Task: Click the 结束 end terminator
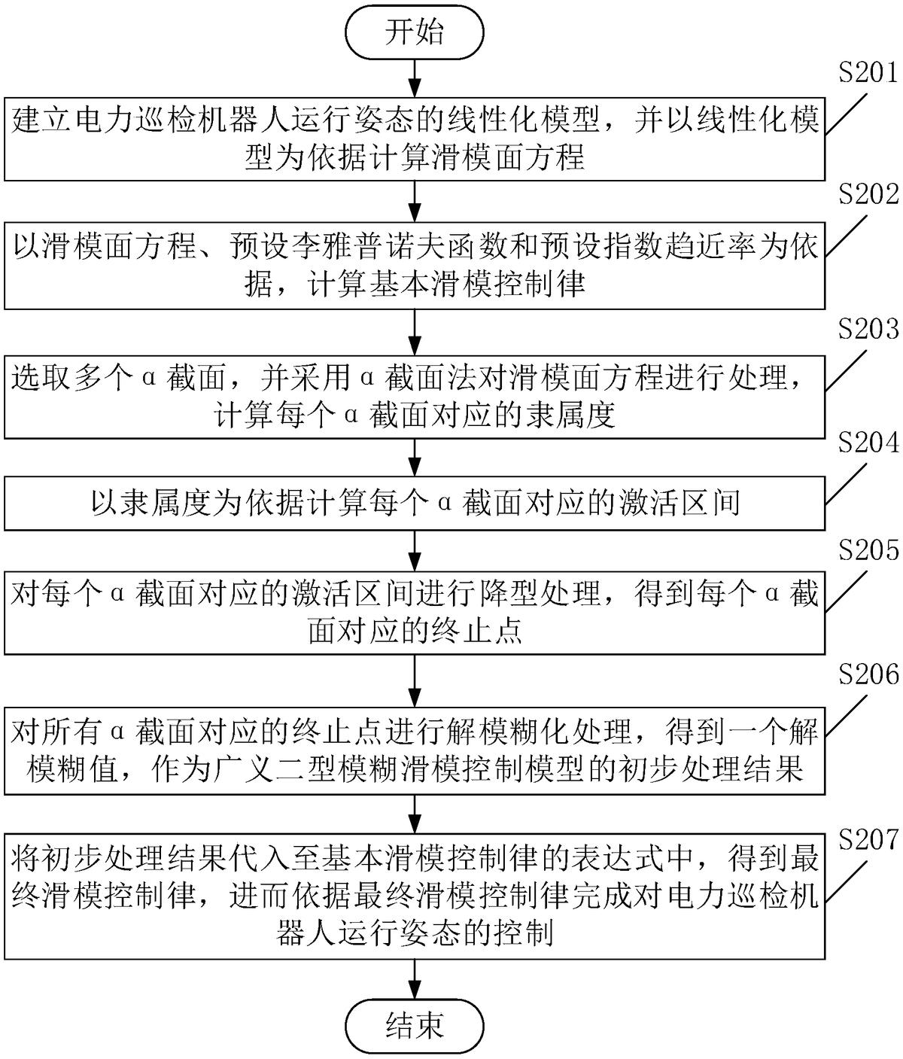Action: point(414,1026)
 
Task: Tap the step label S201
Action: point(868,73)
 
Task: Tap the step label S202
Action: point(868,195)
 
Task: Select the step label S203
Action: point(868,329)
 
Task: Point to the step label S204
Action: point(868,443)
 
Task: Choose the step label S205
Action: point(868,550)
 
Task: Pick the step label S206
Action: point(868,674)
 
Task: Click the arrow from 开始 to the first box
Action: point(415,78)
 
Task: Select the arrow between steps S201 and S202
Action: point(415,202)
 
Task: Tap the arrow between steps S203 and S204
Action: point(415,458)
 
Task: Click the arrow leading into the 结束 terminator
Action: point(415,979)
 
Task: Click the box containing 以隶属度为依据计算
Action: point(415,503)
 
